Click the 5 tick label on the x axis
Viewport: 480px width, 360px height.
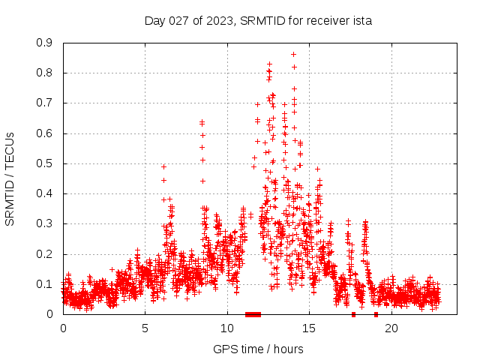click(145, 328)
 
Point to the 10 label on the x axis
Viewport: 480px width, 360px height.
click(227, 328)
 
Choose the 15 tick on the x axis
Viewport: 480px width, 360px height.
click(309, 328)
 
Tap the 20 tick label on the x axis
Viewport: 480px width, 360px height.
click(391, 328)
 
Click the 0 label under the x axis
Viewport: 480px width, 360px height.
click(63, 328)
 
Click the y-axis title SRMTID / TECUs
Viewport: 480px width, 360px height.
click(10, 178)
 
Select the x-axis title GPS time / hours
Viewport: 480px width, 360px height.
click(258, 349)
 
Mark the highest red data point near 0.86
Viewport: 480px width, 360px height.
click(293, 54)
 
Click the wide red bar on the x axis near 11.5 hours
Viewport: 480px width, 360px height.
click(253, 314)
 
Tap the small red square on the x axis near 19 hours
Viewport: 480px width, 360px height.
click(376, 314)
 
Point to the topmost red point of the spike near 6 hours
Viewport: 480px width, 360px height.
click(163, 166)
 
